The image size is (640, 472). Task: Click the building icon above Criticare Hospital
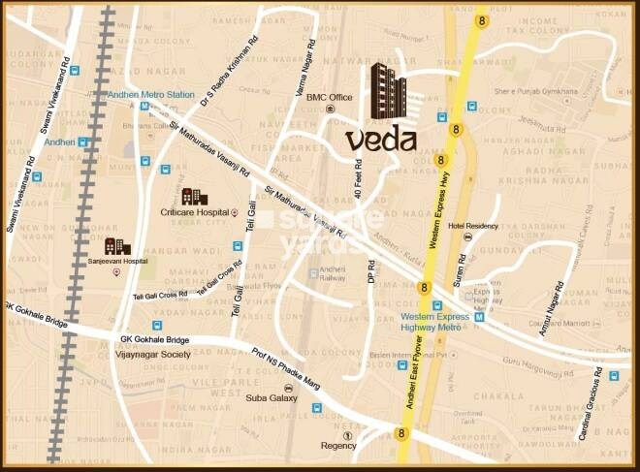194,197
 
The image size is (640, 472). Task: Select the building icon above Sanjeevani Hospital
117,245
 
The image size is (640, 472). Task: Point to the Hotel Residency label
473,225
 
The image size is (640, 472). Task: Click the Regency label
339,446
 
